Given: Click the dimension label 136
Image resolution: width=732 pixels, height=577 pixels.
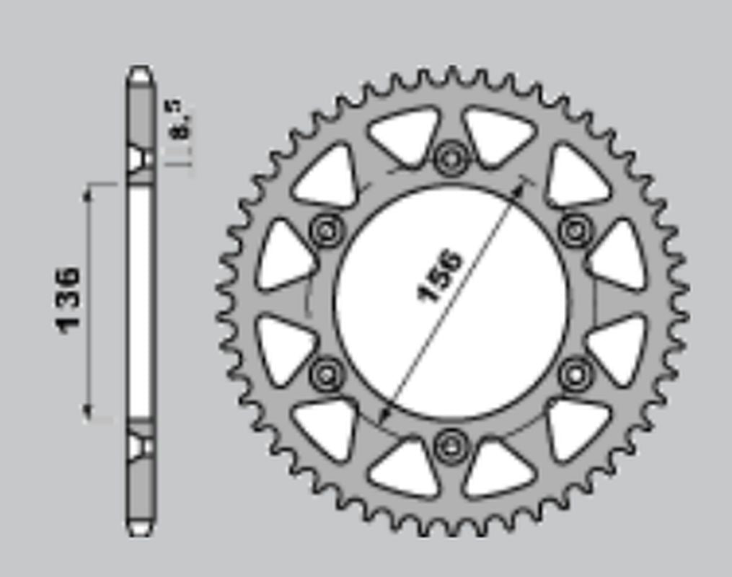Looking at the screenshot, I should coord(69,299).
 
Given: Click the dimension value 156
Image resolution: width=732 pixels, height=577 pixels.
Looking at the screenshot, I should coord(440,276).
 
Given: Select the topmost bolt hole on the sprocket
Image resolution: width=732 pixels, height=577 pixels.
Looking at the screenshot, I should coord(451,157).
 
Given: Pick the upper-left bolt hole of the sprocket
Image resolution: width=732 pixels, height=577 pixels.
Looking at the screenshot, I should coord(326,231).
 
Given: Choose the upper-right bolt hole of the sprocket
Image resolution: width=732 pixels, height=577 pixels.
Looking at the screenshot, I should coord(576,231).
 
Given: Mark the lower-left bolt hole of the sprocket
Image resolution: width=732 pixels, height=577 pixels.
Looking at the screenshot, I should coord(326,374).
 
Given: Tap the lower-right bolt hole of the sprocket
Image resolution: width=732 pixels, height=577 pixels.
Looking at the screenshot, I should coord(576,374).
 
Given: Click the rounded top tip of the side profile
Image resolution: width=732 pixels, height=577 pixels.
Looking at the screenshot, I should coord(140,71).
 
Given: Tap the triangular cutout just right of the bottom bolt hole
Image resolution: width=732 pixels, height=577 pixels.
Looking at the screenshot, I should coord(498,469).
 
